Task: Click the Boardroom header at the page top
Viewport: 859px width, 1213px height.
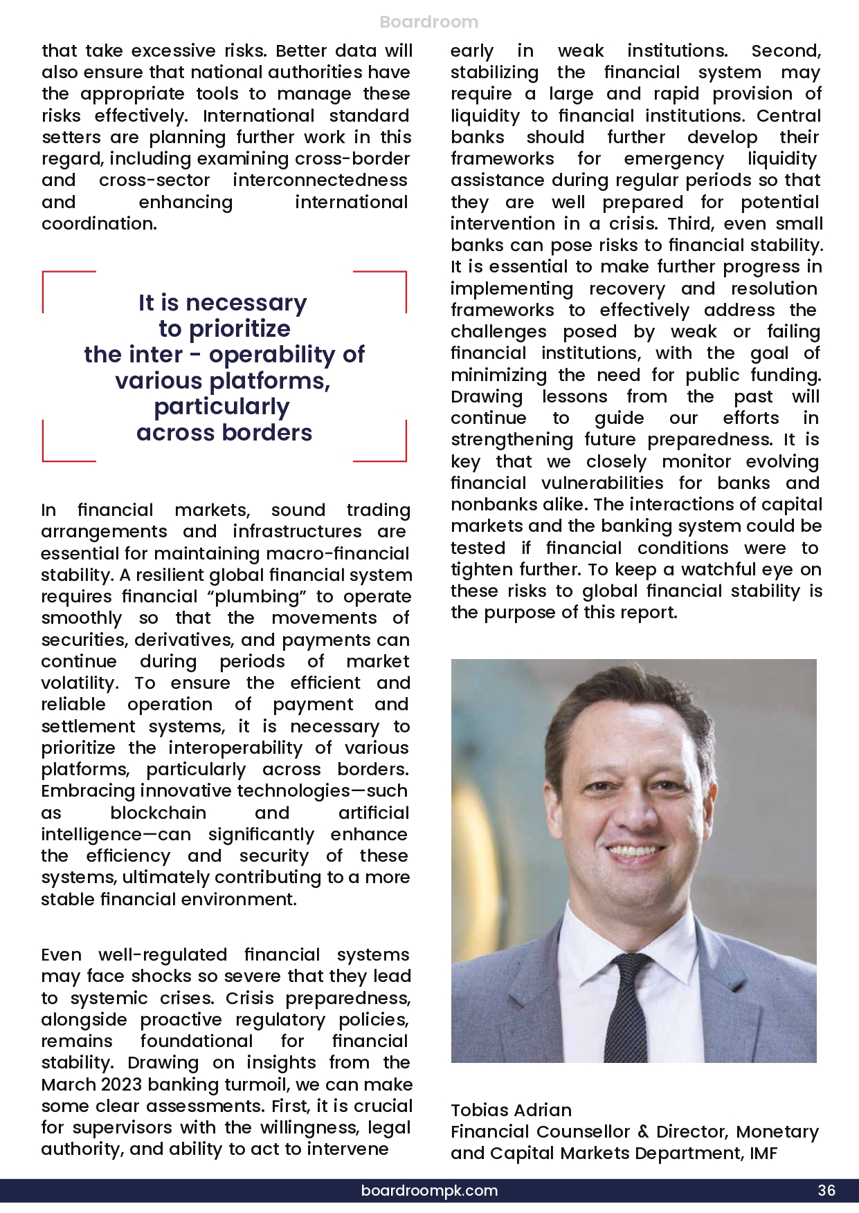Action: coord(429,22)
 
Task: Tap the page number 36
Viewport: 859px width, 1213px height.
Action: coord(826,1190)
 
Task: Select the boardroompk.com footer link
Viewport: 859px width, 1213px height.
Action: coord(429,1190)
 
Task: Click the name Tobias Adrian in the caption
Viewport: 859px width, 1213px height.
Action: coord(511,1110)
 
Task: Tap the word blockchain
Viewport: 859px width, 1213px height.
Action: coord(158,813)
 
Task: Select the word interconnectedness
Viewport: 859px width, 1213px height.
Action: coord(320,180)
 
